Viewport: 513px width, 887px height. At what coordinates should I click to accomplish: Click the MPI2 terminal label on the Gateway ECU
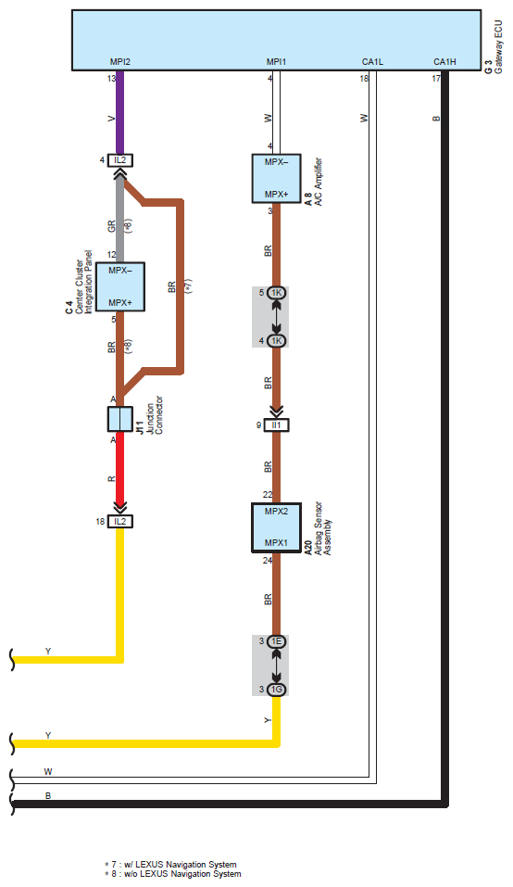click(119, 62)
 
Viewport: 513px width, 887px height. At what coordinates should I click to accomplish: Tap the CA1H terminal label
click(444, 62)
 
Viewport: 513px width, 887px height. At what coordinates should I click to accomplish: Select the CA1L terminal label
click(372, 62)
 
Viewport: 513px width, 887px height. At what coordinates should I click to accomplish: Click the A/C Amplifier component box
click(276, 178)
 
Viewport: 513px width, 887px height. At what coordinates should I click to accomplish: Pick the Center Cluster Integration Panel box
click(119, 286)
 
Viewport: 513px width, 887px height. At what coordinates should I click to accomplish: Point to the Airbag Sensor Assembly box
click(276, 527)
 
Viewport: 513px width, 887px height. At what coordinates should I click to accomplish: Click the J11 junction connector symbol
click(119, 419)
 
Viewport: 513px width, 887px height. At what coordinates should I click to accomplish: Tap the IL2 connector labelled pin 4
click(119, 160)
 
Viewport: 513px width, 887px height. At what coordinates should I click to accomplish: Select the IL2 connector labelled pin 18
click(119, 522)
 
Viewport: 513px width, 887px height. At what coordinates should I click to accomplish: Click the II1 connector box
click(276, 424)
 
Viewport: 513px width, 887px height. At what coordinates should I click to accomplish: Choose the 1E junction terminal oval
click(276, 642)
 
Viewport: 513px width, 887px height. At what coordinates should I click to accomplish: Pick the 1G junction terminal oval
click(276, 690)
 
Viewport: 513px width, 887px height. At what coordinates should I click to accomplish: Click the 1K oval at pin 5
click(276, 293)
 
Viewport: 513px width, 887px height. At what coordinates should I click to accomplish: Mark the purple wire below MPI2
click(119, 112)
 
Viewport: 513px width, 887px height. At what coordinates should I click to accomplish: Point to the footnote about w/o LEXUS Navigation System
click(173, 874)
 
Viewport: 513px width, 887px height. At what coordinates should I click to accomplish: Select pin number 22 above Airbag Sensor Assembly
click(268, 495)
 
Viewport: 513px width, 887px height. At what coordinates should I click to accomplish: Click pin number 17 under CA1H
click(436, 79)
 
